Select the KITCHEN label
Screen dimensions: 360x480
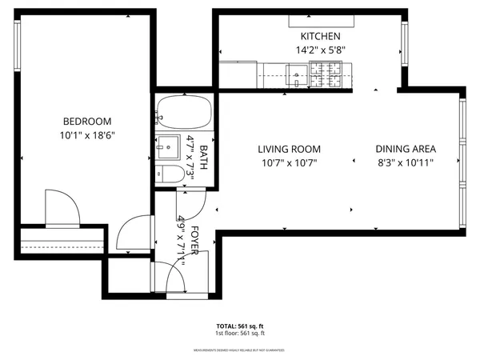pos(320,37)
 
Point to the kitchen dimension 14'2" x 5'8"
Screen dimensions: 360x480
pos(320,50)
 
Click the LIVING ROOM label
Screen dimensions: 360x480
pos(289,149)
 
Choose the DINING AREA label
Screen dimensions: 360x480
pos(406,149)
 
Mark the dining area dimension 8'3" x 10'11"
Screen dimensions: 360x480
pos(406,162)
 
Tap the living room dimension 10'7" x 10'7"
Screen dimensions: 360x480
pos(289,162)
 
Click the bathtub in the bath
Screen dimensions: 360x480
pos(182,112)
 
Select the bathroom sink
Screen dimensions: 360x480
pos(169,149)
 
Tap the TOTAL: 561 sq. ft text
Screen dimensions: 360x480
pos(239,326)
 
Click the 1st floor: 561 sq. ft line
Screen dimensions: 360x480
pos(239,334)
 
